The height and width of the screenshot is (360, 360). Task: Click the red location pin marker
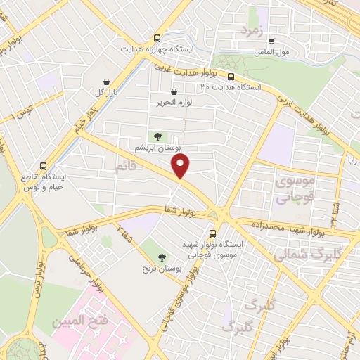tap(181, 166)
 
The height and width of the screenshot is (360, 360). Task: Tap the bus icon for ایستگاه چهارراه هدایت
tap(157, 39)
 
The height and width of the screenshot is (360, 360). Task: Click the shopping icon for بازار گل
tap(106, 82)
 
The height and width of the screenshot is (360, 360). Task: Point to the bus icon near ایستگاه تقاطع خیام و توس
tap(44, 167)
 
